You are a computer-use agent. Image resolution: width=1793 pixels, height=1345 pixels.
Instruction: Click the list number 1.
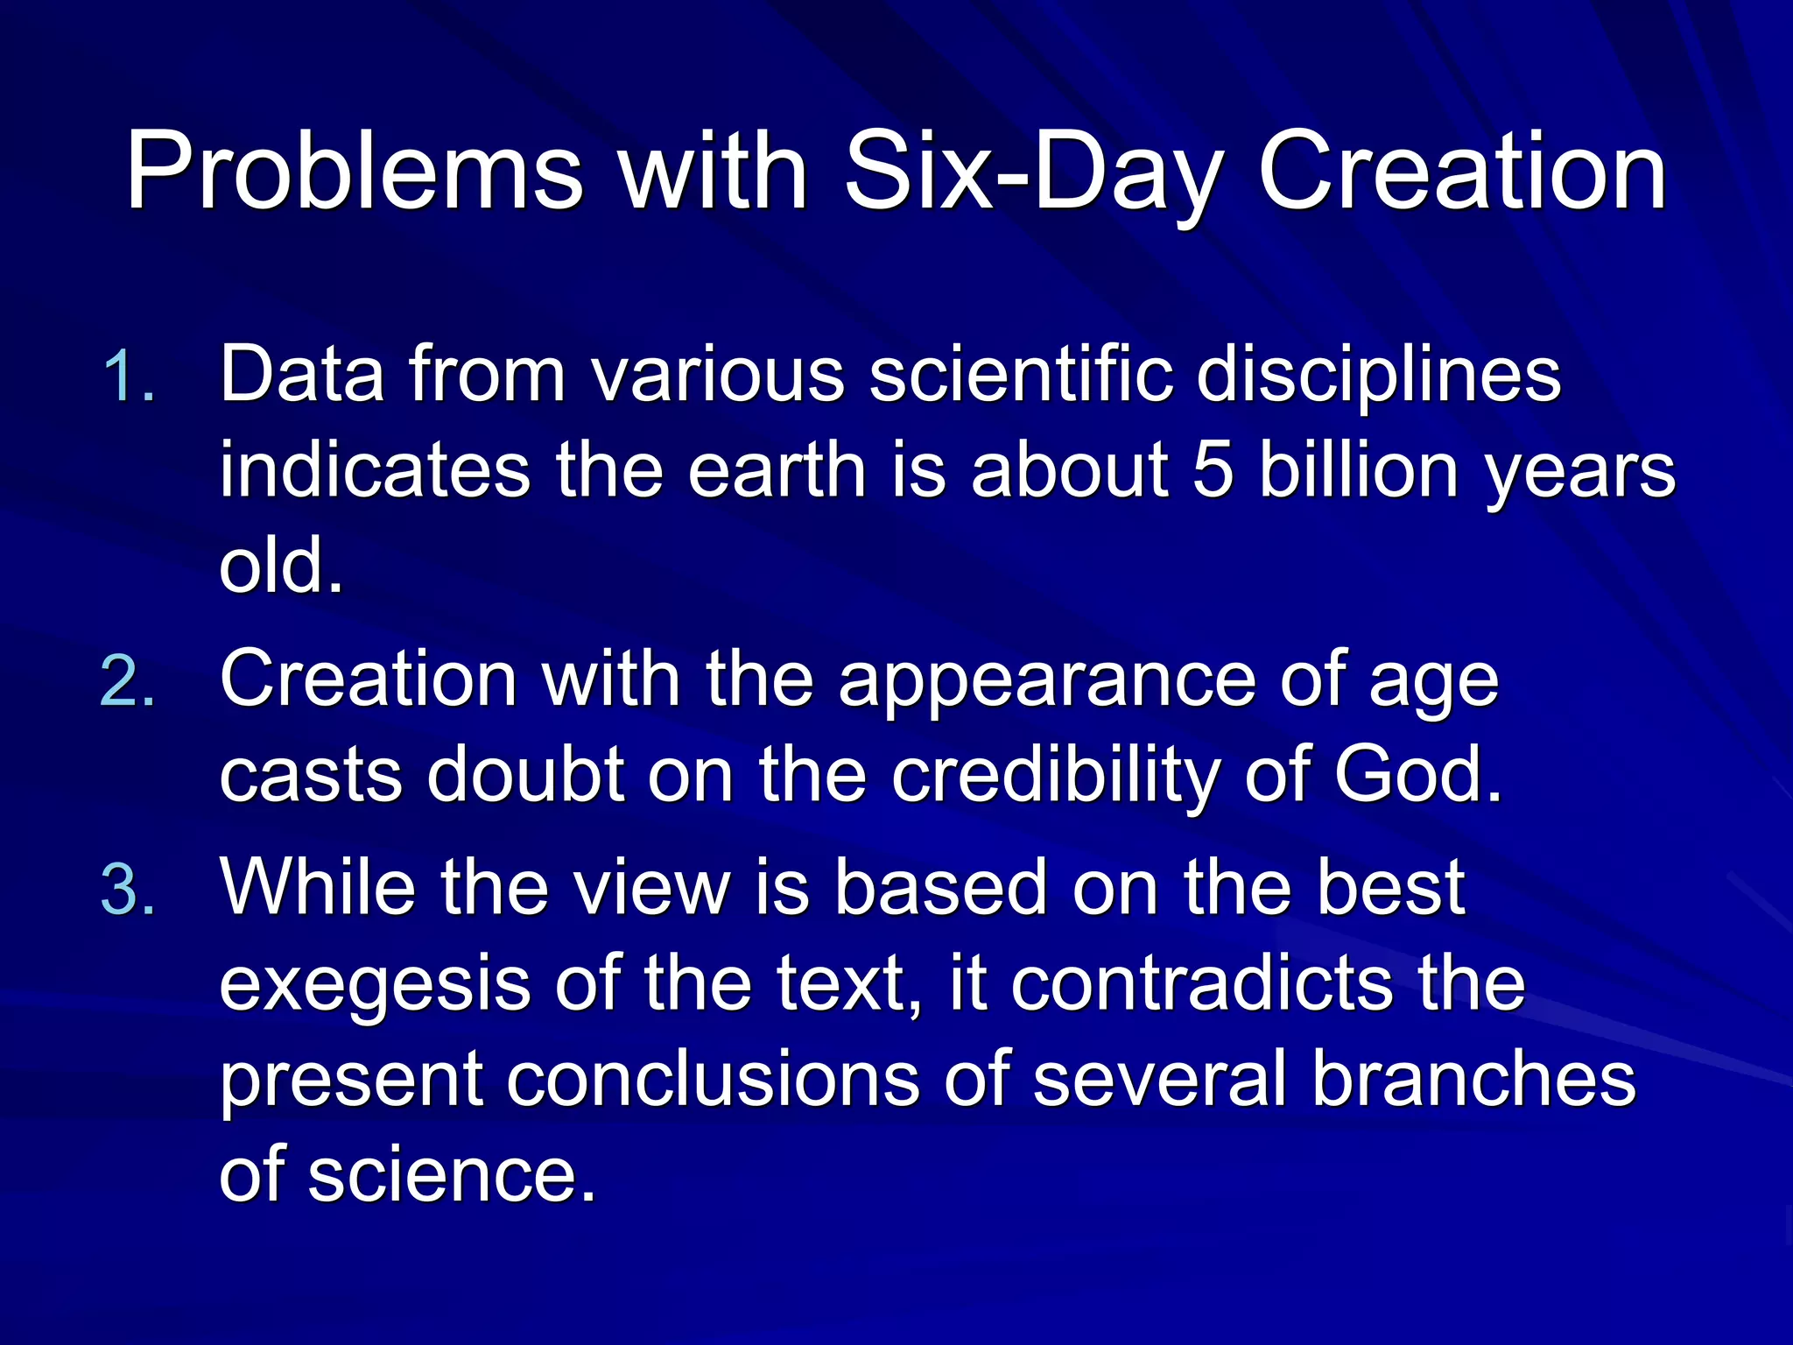coord(128,377)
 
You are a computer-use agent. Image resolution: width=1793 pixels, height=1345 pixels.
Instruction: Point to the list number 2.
coord(128,681)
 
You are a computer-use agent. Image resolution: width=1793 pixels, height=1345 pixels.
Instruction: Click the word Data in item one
coord(302,375)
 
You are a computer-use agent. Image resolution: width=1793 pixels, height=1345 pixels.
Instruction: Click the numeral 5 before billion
coord(1213,470)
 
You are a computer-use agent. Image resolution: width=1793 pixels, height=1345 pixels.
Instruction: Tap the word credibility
coord(1054,776)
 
